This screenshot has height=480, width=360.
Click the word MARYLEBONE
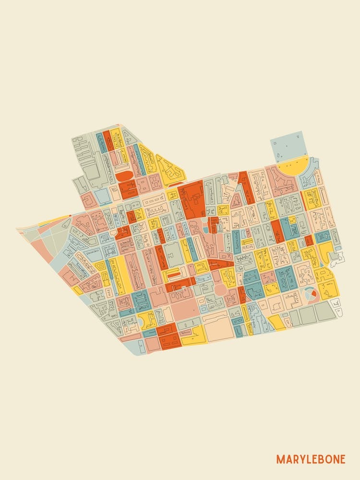pyautogui.click(x=311, y=459)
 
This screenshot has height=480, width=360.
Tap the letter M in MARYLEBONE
pyautogui.click(x=279, y=459)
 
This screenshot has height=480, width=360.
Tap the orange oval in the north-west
pyautogui.click(x=123, y=176)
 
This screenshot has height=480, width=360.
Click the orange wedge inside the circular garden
pyautogui.click(x=313, y=292)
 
